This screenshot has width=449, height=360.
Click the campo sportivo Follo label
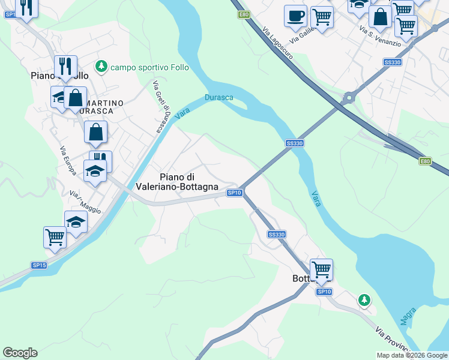coord(150,67)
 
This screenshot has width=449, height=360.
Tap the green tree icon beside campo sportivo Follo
coord(101,66)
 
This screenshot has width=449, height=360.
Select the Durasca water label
coord(218,97)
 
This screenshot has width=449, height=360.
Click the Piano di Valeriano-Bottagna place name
coord(188,182)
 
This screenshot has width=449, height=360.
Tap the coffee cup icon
coord(295,16)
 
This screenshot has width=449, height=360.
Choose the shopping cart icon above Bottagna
coord(321,269)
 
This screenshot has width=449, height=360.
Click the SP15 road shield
coord(39,265)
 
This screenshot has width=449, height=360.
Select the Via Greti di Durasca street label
coord(162,107)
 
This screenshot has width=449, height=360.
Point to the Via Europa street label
coord(68,161)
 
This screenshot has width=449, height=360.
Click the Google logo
coord(20,353)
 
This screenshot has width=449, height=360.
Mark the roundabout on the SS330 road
coord(349,97)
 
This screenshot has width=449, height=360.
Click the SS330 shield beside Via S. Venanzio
coord(392,62)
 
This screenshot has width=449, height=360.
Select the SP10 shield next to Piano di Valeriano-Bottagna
coord(235,193)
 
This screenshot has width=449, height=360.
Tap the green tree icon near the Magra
coord(363,299)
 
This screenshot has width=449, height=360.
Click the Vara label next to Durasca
coord(182,112)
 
